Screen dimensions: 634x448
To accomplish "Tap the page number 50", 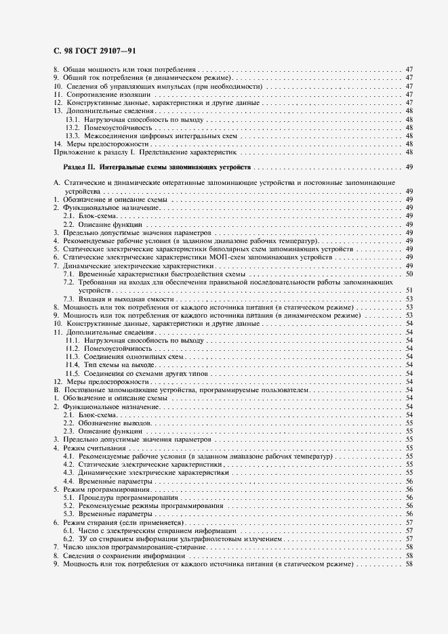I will pyautogui.click(x=409, y=274).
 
